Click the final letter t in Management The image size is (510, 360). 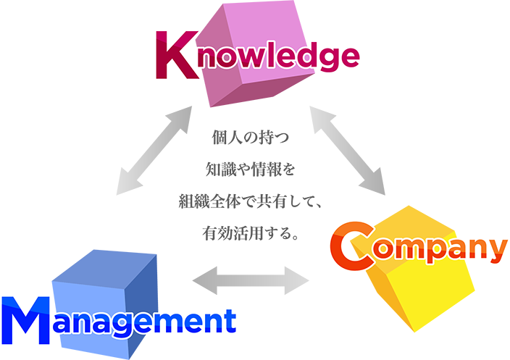pos(228,319)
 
